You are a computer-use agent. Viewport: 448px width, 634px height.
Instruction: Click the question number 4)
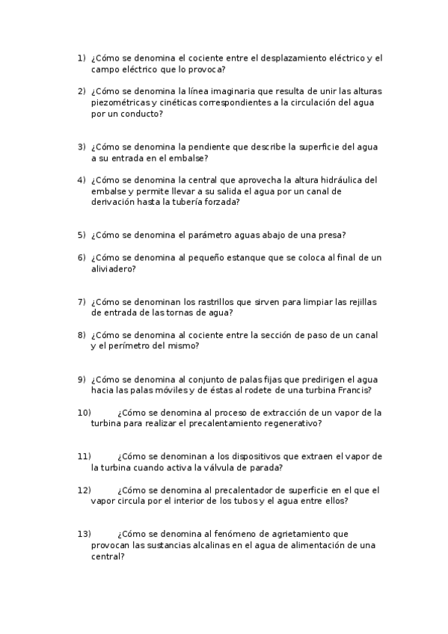pos(81,179)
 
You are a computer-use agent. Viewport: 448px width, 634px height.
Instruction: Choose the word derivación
pos(114,202)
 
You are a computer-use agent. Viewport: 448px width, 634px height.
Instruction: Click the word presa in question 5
pos(329,235)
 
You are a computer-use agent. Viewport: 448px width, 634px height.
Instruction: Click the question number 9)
pos(81,379)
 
